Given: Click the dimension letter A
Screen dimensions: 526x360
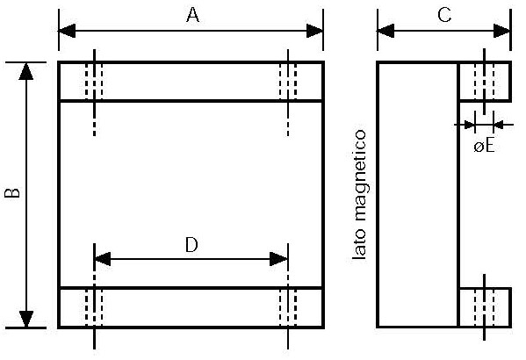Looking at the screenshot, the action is [x=192, y=15].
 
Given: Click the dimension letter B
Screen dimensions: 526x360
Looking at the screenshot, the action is [x=12, y=193].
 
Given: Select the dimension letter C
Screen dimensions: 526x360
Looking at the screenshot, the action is [x=445, y=15].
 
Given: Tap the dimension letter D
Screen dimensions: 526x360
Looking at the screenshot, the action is [x=191, y=245].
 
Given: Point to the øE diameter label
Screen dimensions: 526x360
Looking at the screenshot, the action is [x=484, y=147].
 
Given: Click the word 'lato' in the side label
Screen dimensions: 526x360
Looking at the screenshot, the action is [x=359, y=244].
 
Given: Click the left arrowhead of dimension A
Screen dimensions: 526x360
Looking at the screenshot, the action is [x=67, y=31].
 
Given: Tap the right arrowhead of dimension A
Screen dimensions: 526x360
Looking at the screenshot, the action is [x=314, y=31].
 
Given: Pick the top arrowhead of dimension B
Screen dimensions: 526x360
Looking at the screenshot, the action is [x=26, y=71].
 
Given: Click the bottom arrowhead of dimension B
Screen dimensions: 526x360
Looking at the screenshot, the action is [x=26, y=319].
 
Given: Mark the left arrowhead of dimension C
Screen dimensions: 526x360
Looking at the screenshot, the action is [x=385, y=31].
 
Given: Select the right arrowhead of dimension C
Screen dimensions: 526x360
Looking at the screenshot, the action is [x=501, y=31].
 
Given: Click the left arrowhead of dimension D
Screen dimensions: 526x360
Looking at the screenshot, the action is [x=103, y=259].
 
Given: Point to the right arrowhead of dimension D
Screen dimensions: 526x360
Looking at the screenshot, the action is [x=278, y=259].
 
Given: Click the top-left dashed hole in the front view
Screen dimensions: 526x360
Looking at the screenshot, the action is [x=94, y=81].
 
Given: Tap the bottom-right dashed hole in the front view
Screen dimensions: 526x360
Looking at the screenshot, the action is [x=288, y=307].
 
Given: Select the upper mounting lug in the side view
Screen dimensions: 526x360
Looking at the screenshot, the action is [x=485, y=81].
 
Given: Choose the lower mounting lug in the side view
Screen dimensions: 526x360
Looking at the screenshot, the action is [x=485, y=307].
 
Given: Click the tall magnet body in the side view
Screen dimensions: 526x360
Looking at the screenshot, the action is [x=418, y=194].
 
